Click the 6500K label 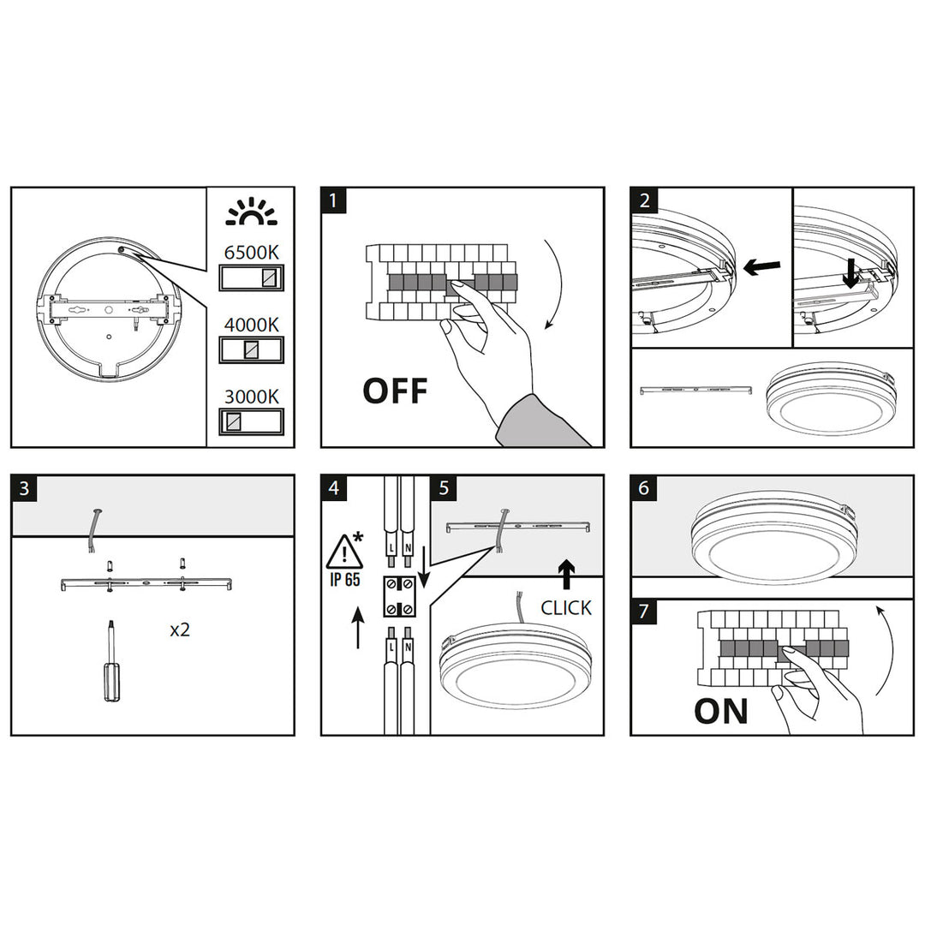tap(251, 253)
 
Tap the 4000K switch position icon tap(251, 349)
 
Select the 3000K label tap(251, 397)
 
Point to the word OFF tap(395, 391)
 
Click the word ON tap(720, 711)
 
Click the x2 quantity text tap(180, 630)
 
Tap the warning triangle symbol tap(344, 550)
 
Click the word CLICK tap(566, 608)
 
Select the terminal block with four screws tap(399, 596)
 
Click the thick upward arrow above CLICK tap(566, 573)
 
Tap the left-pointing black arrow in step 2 tap(760, 268)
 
